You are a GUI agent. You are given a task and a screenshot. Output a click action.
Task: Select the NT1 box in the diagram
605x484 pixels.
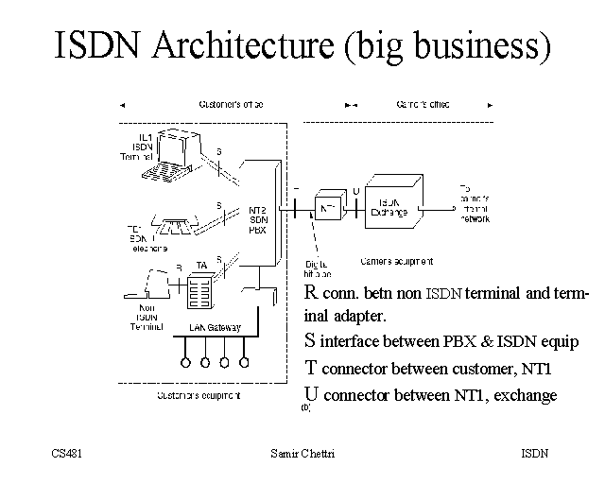coord(329,208)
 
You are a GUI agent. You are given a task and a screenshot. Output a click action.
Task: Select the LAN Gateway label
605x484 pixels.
coord(215,328)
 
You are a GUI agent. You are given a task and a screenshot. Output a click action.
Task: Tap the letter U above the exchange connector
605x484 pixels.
coord(355,191)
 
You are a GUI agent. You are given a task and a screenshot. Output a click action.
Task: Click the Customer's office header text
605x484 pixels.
coord(231,103)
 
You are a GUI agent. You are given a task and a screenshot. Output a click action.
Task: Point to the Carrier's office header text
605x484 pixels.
coord(421,103)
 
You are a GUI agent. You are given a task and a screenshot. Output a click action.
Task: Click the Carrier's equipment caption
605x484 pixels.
coord(398,260)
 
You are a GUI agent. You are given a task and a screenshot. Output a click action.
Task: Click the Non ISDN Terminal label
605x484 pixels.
coord(148,316)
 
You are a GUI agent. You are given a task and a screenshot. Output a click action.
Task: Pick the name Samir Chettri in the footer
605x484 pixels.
coord(302,454)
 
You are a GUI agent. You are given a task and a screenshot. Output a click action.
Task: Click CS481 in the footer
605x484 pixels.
coord(67,454)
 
